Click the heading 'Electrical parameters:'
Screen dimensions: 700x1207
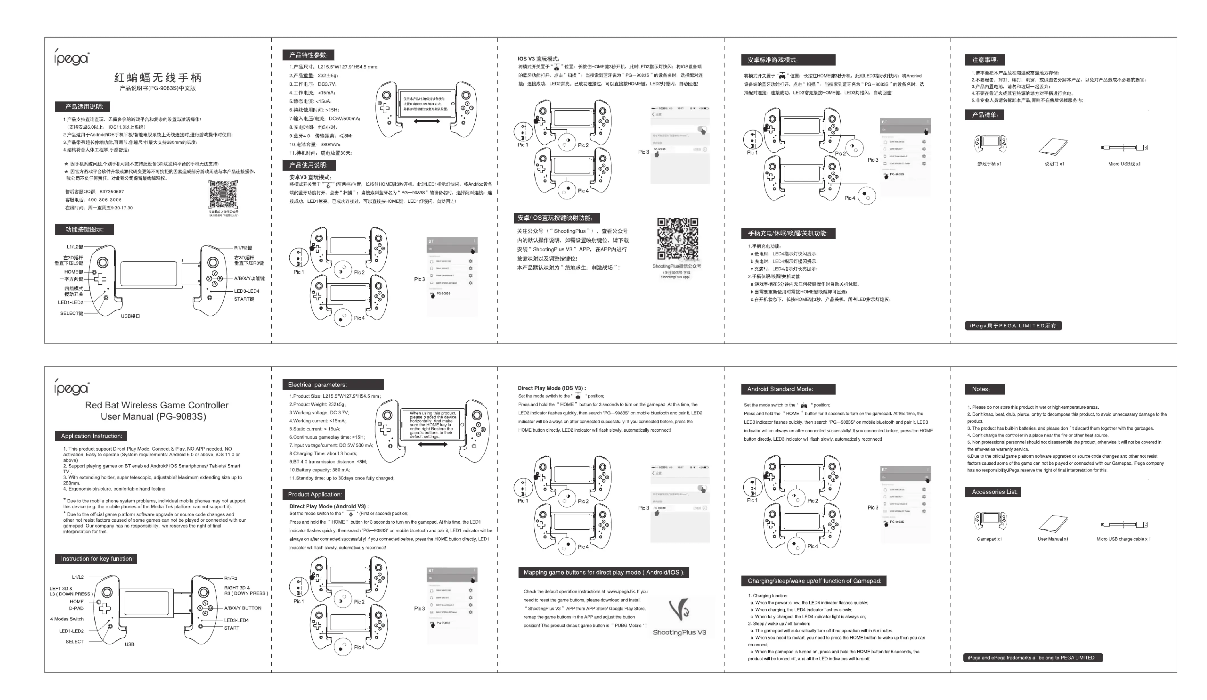pyautogui.click(x=317, y=384)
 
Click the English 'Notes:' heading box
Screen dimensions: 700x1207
pyautogui.click(x=981, y=389)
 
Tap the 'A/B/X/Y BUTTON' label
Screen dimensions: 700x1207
pyautogui.click(x=242, y=608)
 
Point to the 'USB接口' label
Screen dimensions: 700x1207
pyautogui.click(x=130, y=316)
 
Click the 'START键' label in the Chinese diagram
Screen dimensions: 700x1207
pyautogui.click(x=244, y=299)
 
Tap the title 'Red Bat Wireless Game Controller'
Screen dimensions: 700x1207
pyautogui.click(x=157, y=405)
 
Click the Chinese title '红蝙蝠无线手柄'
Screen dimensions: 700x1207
pyautogui.click(x=158, y=78)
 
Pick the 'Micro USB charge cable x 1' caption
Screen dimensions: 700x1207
pyautogui.click(x=1123, y=539)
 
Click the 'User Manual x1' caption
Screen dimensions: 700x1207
pyautogui.click(x=1052, y=539)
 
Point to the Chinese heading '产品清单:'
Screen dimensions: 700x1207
pyautogui.click(x=984, y=115)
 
